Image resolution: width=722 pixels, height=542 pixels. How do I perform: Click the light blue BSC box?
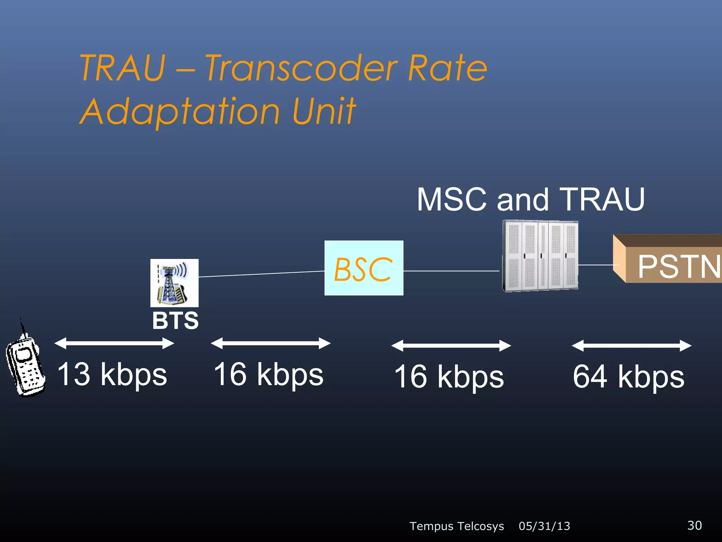point(363,268)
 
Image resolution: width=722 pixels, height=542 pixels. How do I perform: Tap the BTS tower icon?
point(174,283)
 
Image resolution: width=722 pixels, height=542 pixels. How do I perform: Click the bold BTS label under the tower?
point(175,321)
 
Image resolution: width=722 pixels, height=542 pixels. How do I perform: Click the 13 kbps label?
point(112,374)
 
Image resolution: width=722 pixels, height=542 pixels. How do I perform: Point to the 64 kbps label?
point(628,377)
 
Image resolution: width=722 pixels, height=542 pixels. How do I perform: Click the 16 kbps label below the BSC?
point(268,374)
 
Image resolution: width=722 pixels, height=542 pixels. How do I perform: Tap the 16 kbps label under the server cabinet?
point(449,377)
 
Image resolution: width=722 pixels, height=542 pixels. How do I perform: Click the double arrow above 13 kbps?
point(114,343)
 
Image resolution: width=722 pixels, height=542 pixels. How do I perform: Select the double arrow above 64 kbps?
point(631,346)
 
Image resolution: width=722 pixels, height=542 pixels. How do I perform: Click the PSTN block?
point(670,261)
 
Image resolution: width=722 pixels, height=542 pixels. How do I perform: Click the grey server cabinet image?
point(540,256)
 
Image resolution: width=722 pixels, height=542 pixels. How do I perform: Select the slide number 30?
point(694,525)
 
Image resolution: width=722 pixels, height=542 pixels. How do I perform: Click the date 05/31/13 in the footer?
point(544,526)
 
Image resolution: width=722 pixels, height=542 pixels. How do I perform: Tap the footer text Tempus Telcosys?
point(457,526)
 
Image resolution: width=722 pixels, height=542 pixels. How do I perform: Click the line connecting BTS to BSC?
point(261,274)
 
